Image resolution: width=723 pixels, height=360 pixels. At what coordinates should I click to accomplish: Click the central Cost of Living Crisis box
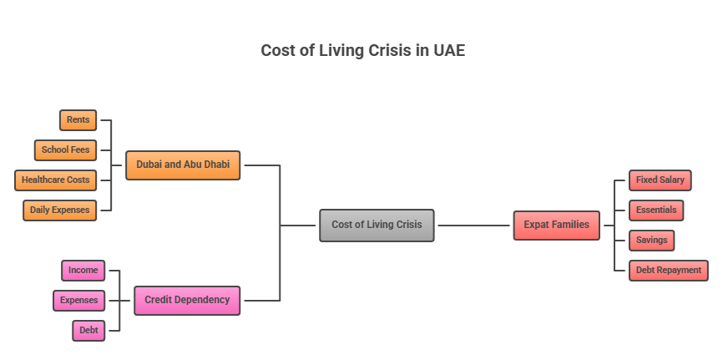(377, 225)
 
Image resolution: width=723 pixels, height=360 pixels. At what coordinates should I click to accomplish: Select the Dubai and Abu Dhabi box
(183, 165)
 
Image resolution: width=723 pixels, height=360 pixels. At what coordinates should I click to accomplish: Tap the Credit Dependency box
(187, 300)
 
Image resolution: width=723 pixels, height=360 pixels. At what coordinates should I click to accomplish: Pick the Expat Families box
(556, 225)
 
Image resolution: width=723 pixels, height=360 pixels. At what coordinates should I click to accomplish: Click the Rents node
(78, 120)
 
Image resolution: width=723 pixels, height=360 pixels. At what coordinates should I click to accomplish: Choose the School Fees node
(65, 150)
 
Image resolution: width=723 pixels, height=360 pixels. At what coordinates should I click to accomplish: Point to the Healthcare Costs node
(55, 180)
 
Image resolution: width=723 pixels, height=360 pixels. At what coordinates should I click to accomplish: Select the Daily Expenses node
(59, 210)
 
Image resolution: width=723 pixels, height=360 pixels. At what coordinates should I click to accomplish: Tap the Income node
(83, 271)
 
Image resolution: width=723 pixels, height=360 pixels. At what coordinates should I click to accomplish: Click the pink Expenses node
(78, 300)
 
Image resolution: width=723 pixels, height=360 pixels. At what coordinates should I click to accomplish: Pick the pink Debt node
(88, 330)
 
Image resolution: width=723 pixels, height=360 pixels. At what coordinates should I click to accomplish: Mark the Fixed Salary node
(660, 180)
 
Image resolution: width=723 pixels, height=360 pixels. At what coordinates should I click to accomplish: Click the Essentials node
(655, 210)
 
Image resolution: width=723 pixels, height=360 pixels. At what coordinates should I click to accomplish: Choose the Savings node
(650, 241)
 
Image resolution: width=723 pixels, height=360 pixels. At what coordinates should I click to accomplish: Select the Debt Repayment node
(668, 271)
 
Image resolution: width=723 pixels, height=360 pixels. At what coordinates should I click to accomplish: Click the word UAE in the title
(448, 50)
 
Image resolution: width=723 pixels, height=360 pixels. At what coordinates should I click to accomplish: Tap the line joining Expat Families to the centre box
(473, 226)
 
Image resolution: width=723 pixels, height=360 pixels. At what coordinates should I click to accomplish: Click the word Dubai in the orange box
(149, 165)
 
